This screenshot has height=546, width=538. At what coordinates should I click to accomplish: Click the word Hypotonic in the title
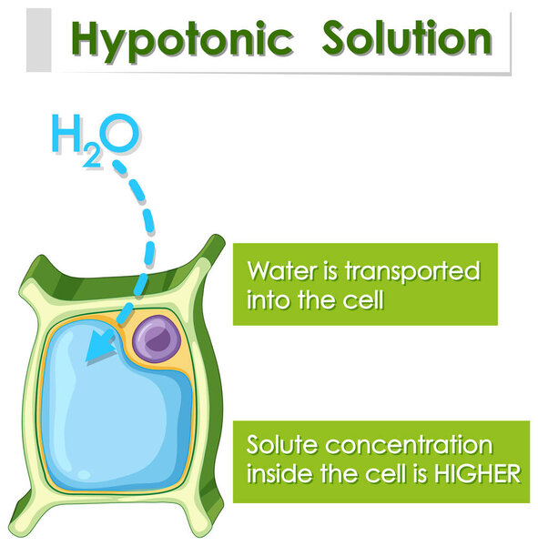pos(182,39)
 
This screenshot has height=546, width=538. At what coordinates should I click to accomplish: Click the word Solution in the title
pos(407,37)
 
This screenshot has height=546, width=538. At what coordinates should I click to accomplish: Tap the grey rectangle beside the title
pos(38,40)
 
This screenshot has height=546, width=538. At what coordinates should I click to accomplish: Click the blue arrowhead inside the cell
pos(100,346)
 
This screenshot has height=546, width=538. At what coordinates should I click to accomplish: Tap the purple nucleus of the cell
pos(157,339)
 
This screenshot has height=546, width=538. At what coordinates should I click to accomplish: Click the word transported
pos(412,272)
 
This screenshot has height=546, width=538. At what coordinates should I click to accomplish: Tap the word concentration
pos(409,445)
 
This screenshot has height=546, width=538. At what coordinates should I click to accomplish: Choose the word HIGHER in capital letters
pos(477,474)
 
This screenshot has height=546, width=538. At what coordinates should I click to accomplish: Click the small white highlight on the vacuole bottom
pos(84,474)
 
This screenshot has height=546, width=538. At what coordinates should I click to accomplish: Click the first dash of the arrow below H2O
pos(120,167)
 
